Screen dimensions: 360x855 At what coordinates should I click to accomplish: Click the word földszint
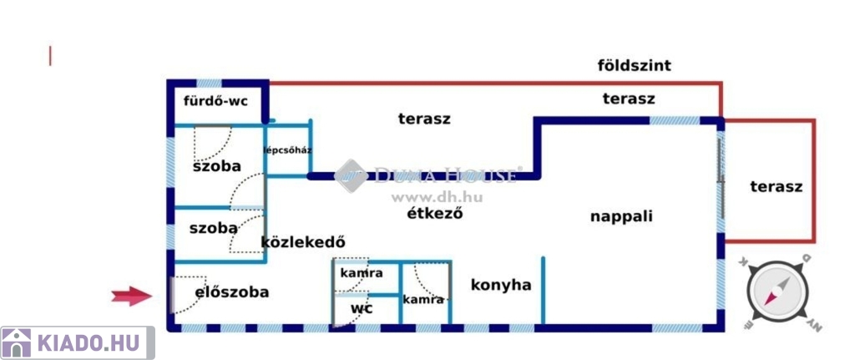635,65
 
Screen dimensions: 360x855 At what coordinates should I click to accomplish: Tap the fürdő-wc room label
215,103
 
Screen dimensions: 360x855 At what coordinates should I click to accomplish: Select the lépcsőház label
287,151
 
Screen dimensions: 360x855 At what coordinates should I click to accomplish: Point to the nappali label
621,216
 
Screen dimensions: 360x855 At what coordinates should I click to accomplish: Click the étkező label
434,212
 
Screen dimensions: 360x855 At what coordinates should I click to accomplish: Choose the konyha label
501,285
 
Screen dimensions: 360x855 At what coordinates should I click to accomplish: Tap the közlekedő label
303,243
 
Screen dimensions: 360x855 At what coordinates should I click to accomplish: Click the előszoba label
232,292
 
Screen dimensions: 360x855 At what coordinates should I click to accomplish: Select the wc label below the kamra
361,308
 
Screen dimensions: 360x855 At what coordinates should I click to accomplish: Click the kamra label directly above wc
362,273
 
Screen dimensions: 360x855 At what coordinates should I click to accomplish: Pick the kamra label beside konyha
423,299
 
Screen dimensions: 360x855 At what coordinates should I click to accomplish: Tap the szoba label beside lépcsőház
216,166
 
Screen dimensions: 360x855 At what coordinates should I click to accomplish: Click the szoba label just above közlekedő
213,227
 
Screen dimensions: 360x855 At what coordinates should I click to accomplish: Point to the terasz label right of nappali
776,186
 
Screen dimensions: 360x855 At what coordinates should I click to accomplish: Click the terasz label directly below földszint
628,99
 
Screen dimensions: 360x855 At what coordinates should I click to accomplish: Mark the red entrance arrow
132,295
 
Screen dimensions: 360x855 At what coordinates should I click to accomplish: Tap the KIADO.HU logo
77,342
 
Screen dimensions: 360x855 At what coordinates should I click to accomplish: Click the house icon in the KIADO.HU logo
17,342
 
